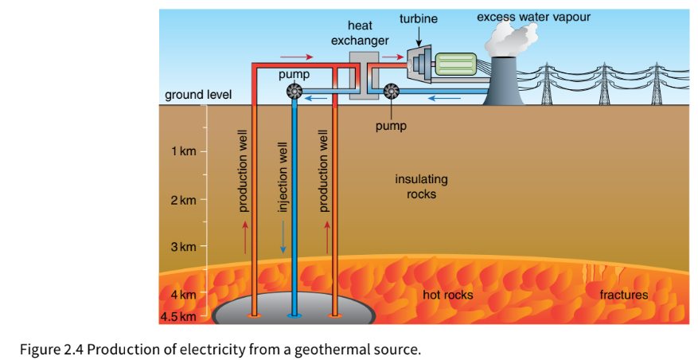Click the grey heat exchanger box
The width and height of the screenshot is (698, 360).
[x=365, y=76]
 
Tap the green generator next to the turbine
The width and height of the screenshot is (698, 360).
[x=456, y=65]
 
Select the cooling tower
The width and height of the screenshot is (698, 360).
[x=504, y=81]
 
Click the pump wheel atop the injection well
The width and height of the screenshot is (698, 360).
[x=294, y=92]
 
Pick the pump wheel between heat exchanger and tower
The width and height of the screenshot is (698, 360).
[x=391, y=92]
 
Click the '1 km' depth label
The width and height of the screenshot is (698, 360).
[x=183, y=151]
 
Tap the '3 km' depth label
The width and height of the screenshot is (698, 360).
[x=183, y=246]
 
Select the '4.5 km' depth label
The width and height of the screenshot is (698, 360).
[x=178, y=316]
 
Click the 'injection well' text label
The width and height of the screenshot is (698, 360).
[x=283, y=177]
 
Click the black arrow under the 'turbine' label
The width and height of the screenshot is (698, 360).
[x=419, y=36]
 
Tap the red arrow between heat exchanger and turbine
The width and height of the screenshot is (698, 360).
[x=392, y=57]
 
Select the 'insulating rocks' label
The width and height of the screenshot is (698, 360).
[x=421, y=186]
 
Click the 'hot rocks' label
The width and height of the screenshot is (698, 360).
[x=448, y=295]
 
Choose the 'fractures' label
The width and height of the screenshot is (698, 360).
[x=624, y=295]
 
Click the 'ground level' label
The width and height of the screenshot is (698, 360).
[x=198, y=95]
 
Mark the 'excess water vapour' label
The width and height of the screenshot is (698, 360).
[x=534, y=17]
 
